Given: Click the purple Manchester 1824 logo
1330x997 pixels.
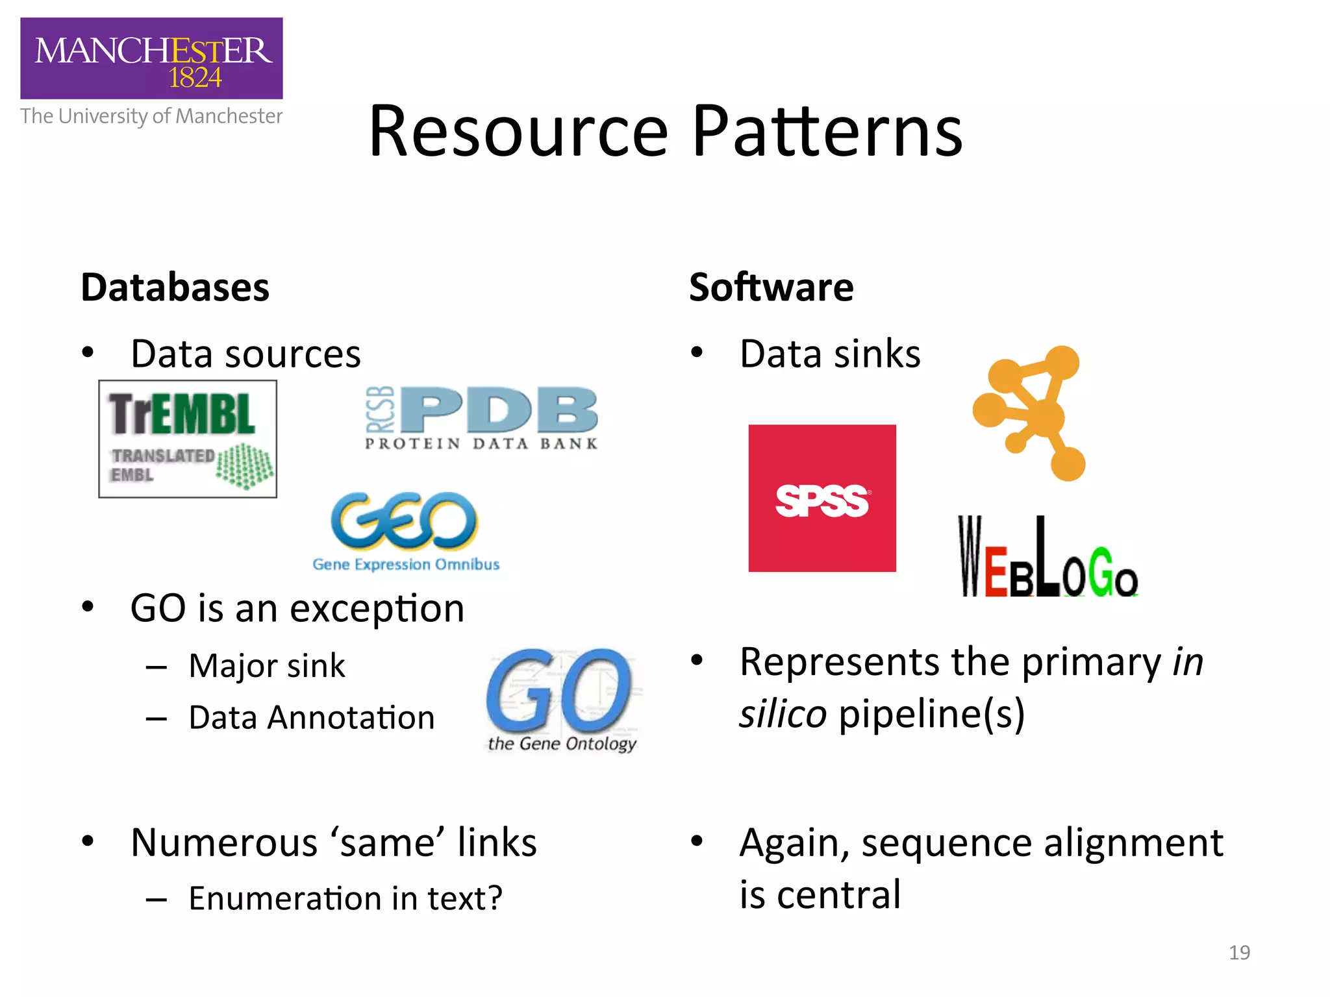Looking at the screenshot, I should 151,58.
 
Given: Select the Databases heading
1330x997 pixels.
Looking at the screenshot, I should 175,288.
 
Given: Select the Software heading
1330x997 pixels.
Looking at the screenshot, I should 771,288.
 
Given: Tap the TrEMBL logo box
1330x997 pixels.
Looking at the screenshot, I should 188,439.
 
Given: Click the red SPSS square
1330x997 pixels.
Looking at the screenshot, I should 822,498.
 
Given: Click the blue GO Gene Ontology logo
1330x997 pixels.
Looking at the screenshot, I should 561,700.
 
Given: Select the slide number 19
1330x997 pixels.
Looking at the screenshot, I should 1239,952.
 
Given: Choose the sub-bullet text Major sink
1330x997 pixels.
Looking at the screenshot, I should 267,666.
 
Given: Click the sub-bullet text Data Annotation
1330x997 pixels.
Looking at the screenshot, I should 311,718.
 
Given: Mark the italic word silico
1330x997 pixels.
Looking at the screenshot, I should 783,714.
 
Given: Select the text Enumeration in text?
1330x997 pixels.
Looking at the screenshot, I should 345,898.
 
